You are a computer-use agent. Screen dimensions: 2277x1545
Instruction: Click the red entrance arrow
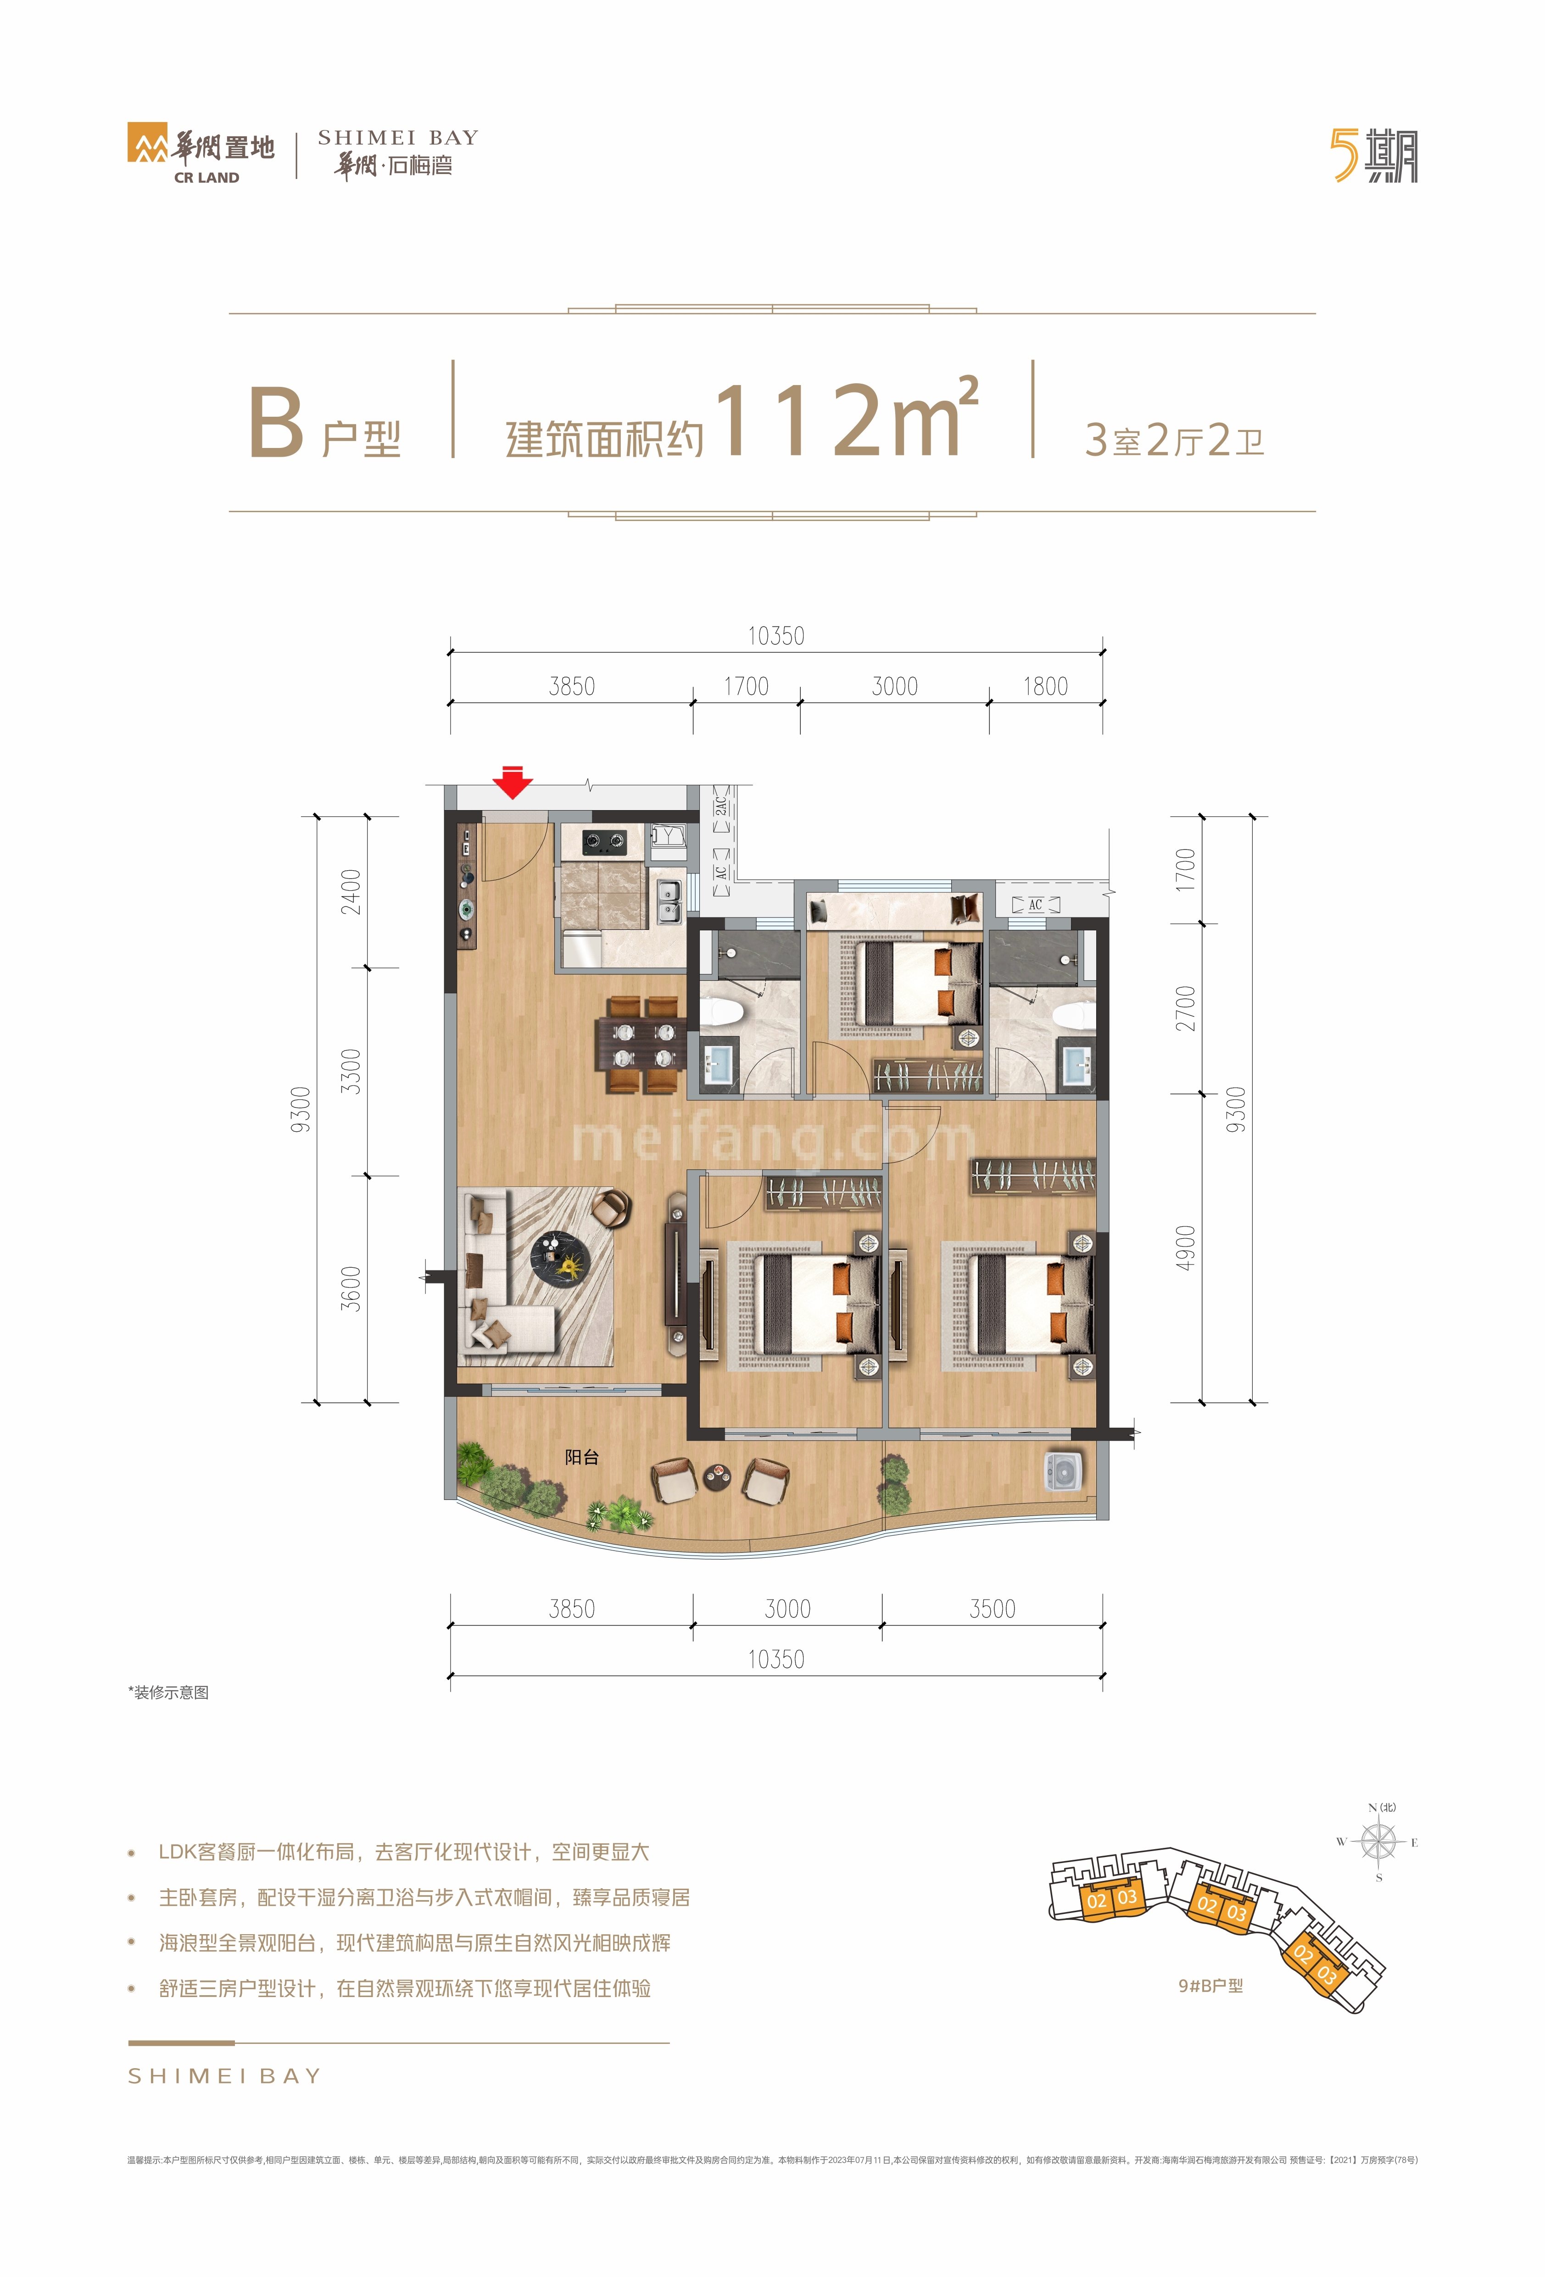(512, 782)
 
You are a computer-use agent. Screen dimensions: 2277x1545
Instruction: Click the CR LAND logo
(201, 155)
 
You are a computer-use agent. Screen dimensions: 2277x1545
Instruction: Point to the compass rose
(1378, 1842)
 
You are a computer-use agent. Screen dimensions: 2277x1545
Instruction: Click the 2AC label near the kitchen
(721, 806)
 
